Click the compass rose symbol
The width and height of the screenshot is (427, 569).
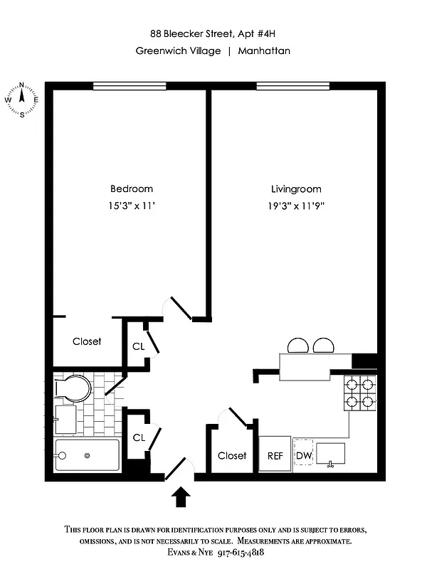coord(22,100)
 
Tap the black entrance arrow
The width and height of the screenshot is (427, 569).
coord(181,496)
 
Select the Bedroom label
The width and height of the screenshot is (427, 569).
coord(131,188)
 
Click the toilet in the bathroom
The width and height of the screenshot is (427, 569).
coord(75,388)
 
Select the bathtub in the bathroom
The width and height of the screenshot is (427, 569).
coord(87,455)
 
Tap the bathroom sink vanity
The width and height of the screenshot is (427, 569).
coord(65,418)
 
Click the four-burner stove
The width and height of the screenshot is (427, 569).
coord(359,393)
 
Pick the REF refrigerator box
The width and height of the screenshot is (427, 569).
coord(275,455)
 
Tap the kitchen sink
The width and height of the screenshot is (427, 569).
coord(330,453)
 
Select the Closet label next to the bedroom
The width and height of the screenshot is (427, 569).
coord(87,341)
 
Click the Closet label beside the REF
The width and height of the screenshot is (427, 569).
coord(232,455)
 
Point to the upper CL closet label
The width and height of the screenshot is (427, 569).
coord(138,346)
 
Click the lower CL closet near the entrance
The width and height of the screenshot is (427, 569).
coord(138,437)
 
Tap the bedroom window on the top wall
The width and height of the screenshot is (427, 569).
coord(130,86)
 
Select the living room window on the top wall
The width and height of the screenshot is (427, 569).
coord(292,86)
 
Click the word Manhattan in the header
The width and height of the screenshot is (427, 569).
coord(264,50)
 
